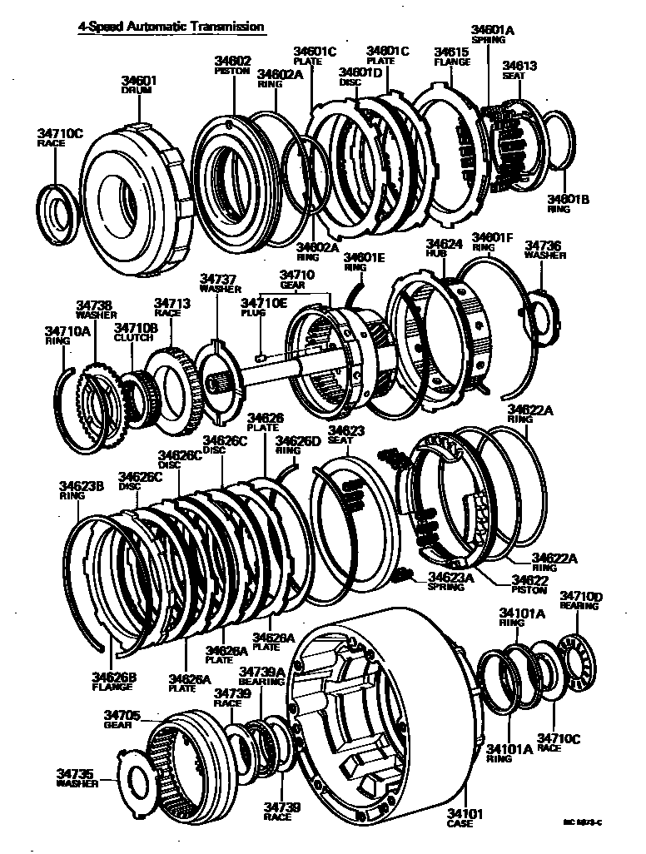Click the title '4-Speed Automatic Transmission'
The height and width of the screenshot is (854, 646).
point(171,27)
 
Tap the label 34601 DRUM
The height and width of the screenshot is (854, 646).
point(139,85)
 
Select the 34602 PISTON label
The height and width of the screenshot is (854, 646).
point(233,66)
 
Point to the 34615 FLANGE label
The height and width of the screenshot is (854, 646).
point(452,56)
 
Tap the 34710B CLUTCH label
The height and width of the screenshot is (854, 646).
point(136,333)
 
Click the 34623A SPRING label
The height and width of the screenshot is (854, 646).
point(450,581)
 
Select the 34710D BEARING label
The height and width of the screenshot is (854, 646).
point(581,600)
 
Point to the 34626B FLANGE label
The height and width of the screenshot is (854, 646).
point(113,682)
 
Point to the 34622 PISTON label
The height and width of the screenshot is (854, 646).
point(529,584)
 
